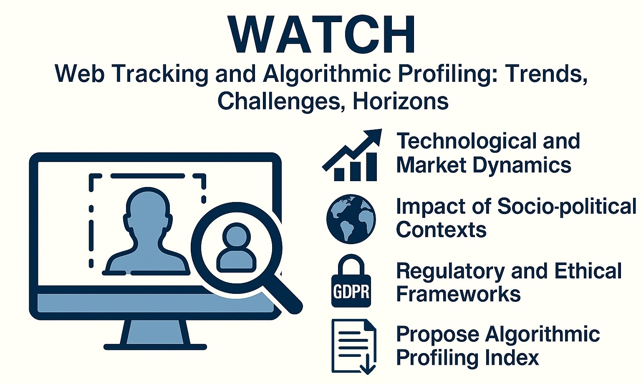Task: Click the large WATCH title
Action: [321, 34]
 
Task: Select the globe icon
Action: [351, 219]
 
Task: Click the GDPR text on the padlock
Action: [351, 292]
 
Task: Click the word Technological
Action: [467, 141]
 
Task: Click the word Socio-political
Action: [566, 207]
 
